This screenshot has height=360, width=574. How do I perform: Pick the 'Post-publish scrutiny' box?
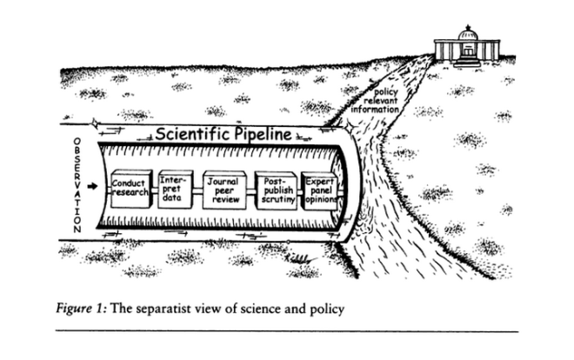[277, 189]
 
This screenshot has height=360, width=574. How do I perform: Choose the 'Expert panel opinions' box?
[320, 189]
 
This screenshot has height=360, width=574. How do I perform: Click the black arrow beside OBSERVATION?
[94, 184]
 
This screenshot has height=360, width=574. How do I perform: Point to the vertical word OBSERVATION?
[77, 185]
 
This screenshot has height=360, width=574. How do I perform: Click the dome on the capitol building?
[469, 34]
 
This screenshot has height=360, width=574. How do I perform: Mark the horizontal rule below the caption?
[287, 331]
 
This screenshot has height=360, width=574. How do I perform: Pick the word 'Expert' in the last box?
[320, 178]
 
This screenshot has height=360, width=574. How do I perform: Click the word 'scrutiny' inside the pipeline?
[277, 199]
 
